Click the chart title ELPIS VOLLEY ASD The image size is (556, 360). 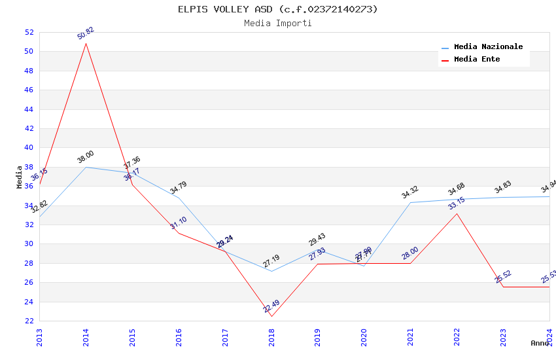point(278,9)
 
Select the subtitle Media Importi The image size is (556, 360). point(278,23)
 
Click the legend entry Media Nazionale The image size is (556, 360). point(488,47)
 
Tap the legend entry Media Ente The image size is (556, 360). point(477,59)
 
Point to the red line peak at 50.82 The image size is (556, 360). point(86,43)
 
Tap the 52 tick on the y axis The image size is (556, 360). point(29,32)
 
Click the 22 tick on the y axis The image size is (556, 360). point(29,321)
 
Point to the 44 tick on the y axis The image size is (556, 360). point(29,109)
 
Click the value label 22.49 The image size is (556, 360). point(271,306)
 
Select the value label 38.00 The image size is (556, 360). point(86,157)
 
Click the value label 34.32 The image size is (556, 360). point(410,192)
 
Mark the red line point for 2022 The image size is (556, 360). point(457,213)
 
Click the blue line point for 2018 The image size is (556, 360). point(271,271)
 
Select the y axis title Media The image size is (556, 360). point(20,177)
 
